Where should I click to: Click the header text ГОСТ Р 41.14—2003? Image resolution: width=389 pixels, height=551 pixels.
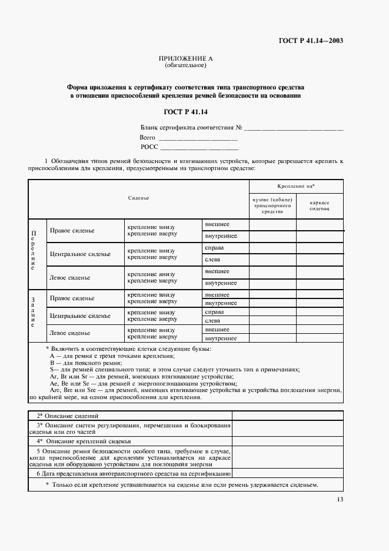coord(311,41)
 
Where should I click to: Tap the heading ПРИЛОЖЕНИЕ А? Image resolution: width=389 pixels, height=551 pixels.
coord(185,59)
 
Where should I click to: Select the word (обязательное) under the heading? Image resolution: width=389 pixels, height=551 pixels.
coord(185,65)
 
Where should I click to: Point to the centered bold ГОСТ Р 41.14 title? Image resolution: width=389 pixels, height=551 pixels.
coord(185,111)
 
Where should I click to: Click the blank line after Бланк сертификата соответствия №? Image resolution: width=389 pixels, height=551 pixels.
coord(294,128)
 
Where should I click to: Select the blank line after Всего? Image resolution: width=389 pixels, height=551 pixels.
coord(198,138)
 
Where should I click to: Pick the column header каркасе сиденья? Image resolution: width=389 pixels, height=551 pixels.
coord(320,205)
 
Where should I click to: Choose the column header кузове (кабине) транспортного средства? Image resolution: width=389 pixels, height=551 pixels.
coord(272,205)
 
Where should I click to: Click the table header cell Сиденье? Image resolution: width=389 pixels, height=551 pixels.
coord(138,198)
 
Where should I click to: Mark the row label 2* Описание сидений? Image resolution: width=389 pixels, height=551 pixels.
coord(65,416)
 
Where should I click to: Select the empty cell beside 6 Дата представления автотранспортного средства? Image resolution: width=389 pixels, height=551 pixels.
coord(288,473)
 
